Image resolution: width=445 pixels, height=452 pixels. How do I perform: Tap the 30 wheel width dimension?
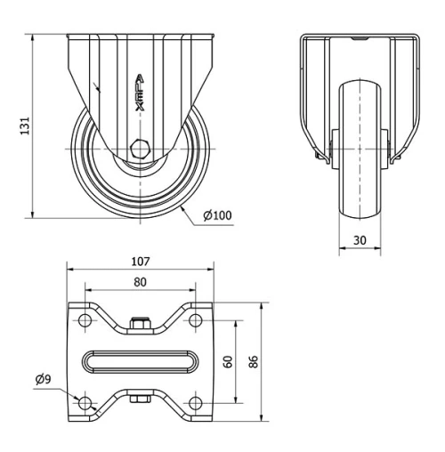click(360, 239)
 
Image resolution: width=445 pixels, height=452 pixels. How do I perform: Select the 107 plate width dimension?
click(140, 262)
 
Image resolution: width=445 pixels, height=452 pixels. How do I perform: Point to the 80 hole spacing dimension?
click(140, 281)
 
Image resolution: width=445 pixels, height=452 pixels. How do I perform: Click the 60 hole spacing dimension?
click(228, 362)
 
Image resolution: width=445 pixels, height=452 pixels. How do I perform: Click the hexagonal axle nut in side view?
click(141, 149)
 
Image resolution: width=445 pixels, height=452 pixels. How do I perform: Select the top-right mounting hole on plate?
click(194, 321)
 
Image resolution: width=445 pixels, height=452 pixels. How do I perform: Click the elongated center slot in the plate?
click(140, 362)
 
